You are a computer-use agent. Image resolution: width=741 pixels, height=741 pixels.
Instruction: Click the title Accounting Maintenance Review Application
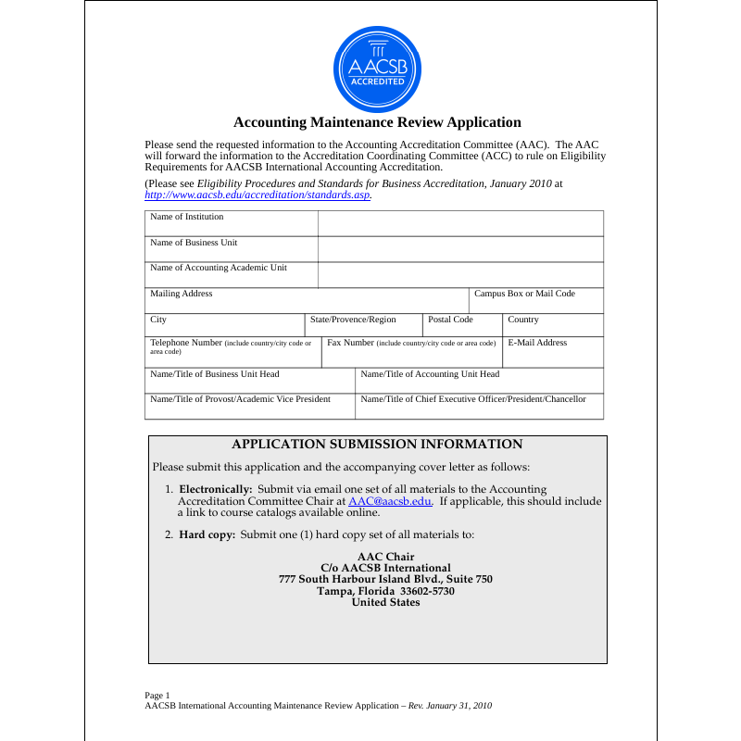pyautogui.click(x=377, y=122)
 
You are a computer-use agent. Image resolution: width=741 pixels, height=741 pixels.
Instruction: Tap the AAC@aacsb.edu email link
pyautogui.click(x=390, y=501)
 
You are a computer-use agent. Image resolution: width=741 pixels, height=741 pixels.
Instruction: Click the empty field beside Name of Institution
pyautogui.click(x=460, y=223)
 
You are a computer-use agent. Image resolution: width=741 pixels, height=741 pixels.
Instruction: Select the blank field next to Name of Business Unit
pyautogui.click(x=460, y=249)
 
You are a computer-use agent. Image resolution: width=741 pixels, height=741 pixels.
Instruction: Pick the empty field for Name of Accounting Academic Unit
pyautogui.click(x=460, y=275)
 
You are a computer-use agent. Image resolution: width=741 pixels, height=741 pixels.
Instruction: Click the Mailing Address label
pyautogui.click(x=182, y=294)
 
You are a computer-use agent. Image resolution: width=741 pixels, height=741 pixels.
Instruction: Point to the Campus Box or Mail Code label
pyautogui.click(x=524, y=294)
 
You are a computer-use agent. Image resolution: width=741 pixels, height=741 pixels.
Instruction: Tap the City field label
pyautogui.click(x=158, y=320)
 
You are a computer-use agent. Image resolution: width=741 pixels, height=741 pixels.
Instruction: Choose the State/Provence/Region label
pyautogui.click(x=353, y=320)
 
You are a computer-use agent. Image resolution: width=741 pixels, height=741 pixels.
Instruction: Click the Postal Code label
pyautogui.click(x=450, y=320)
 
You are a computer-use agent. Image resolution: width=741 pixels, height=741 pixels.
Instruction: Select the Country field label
pyautogui.click(x=523, y=320)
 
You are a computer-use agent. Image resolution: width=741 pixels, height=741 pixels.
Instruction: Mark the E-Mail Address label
pyautogui.click(x=537, y=343)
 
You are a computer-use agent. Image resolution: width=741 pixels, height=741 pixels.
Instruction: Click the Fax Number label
pyautogui.click(x=351, y=343)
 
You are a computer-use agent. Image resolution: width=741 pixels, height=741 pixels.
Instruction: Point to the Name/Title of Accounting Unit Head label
pyautogui.click(x=430, y=374)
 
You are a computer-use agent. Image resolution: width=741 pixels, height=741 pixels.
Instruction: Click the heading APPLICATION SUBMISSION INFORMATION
pyautogui.click(x=377, y=445)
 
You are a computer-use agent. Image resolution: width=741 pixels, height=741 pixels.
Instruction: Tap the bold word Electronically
pyautogui.click(x=215, y=489)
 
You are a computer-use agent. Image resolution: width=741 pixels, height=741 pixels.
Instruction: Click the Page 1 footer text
pyautogui.click(x=157, y=695)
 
